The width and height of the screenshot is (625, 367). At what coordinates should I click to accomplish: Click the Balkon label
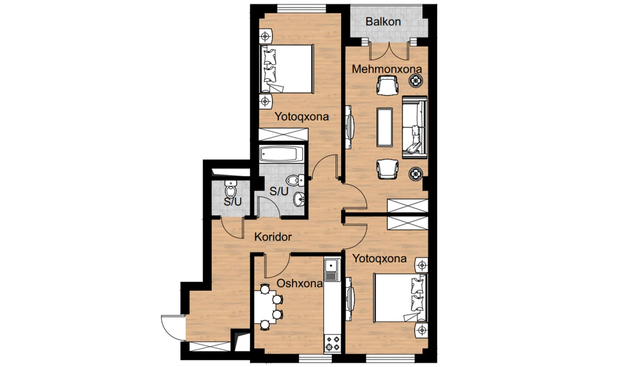tap(383, 22)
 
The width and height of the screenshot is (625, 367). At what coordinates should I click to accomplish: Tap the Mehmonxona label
tap(387, 69)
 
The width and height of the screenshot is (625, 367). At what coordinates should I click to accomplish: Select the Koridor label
tap(273, 237)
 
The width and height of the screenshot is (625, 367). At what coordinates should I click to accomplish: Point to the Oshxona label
tap(300, 284)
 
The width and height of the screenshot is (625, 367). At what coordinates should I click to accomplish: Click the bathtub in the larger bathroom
tap(282, 154)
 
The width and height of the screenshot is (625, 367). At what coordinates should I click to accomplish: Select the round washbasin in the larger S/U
tap(299, 199)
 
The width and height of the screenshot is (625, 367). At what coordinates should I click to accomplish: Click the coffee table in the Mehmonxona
tap(385, 127)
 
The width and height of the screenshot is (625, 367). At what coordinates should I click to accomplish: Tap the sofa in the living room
tap(414, 127)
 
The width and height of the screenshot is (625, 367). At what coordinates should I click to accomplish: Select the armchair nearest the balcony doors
tap(387, 85)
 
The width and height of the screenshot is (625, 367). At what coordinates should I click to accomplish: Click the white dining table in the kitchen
tap(265, 307)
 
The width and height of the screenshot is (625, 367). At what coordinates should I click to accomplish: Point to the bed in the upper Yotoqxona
tap(287, 69)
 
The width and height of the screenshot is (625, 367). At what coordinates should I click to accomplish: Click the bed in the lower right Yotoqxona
tap(400, 297)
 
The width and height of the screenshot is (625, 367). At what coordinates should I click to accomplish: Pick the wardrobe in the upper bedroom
tap(283, 134)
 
